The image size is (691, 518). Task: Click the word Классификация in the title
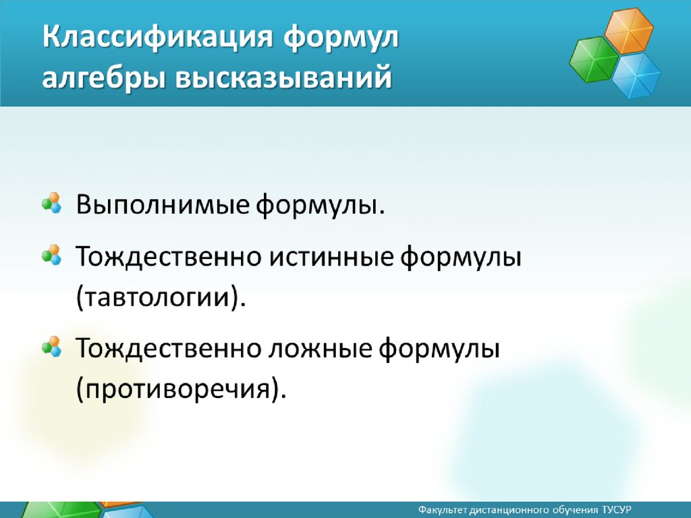(x=158, y=37)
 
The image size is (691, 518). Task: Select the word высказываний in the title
(x=283, y=77)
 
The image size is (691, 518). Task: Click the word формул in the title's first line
(x=341, y=37)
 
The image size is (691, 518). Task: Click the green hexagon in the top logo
(x=594, y=59)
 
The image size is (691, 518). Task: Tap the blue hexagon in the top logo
(x=636, y=75)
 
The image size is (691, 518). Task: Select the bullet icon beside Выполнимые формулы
(x=51, y=202)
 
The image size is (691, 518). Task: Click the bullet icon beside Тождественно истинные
(x=51, y=255)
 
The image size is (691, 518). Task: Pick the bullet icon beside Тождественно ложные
(x=51, y=347)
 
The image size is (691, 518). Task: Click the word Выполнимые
(x=163, y=204)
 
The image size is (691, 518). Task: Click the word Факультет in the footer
(x=443, y=510)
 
